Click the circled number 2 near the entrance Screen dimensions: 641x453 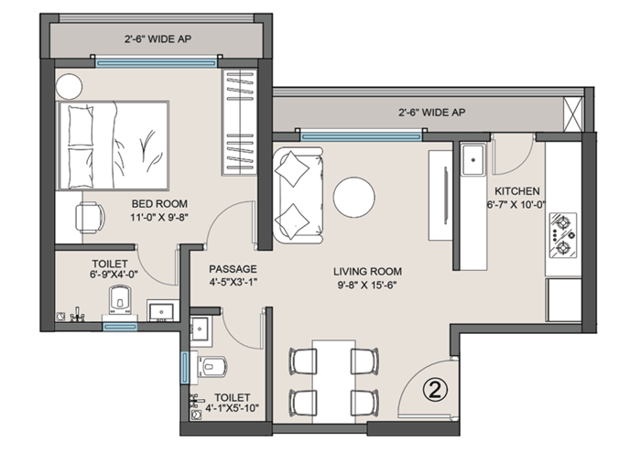[435, 389]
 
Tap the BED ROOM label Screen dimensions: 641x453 [159, 203]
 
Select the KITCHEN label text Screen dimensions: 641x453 [517, 191]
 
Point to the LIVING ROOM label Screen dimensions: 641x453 [367, 271]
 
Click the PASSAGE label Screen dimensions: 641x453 [233, 269]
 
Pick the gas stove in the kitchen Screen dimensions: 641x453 [563, 235]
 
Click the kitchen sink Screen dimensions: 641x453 [473, 159]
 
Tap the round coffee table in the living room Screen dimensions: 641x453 [354, 198]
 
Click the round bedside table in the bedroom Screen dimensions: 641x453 [69, 87]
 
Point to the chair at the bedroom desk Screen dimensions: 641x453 [90, 218]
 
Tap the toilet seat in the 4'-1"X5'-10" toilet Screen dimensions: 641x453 [213, 365]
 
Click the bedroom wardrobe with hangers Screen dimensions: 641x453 [240, 123]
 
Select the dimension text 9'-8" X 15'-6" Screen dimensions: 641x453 [367, 285]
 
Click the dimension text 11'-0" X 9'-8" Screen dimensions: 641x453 [159, 217]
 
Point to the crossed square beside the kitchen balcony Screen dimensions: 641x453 [573, 114]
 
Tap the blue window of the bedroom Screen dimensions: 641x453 [156, 63]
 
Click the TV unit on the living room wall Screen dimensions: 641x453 [440, 195]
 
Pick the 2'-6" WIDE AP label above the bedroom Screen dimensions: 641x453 [158, 39]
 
